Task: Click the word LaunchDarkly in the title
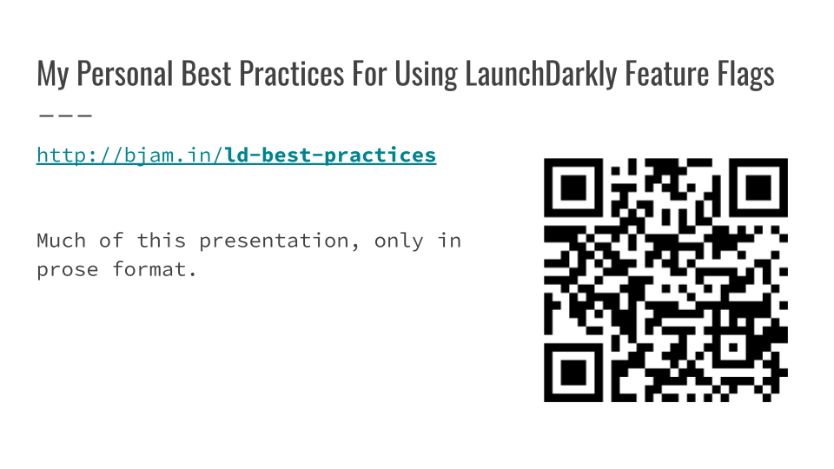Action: tap(540, 74)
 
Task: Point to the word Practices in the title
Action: tap(292, 73)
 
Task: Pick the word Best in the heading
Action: tap(206, 73)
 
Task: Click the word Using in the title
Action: tap(426, 74)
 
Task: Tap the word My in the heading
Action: tap(53, 74)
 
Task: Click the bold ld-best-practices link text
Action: tap(330, 155)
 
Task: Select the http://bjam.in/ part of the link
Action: tap(130, 155)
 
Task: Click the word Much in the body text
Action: tap(61, 241)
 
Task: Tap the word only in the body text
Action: tap(399, 241)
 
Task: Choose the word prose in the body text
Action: tap(68, 270)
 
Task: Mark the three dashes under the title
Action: tap(65, 115)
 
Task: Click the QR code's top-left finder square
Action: tap(573, 188)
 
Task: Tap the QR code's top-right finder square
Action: tap(758, 188)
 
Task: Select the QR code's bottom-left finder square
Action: tap(573, 373)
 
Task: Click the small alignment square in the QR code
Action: tap(733, 347)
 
